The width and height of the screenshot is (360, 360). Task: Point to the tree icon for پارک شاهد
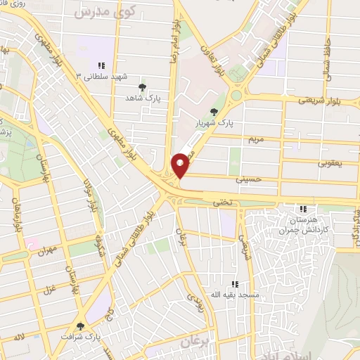[143, 87]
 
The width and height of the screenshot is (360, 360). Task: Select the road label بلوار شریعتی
[330, 100]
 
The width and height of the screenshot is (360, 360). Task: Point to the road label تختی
[222, 202]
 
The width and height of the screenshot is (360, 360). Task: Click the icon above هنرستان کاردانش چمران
[303, 209]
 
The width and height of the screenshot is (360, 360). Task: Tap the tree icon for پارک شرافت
[80, 326]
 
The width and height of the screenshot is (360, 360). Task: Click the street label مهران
[47, 249]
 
